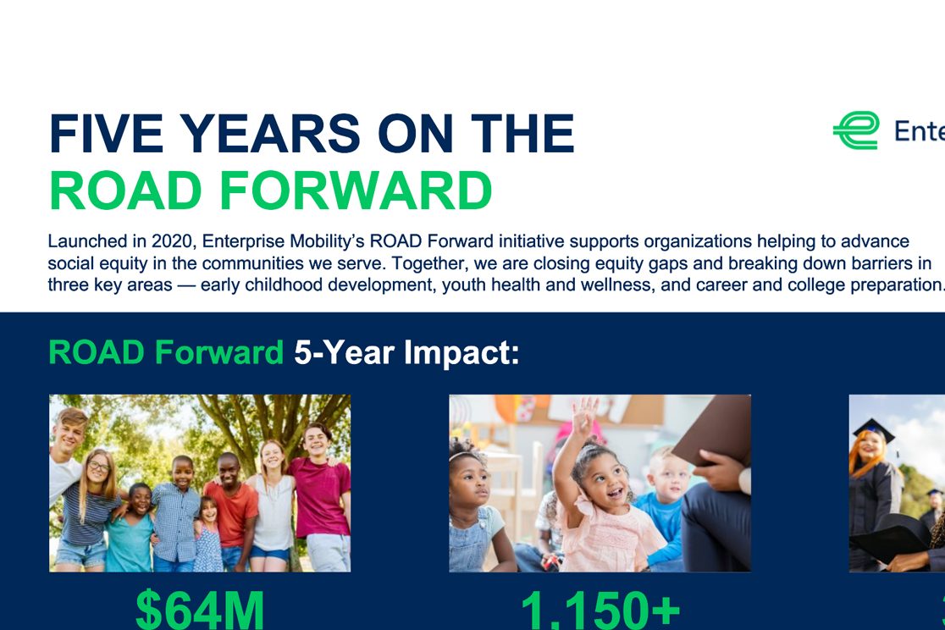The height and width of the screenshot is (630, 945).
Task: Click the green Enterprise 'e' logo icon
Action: (x=855, y=130)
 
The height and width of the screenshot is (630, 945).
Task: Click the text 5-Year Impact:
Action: (x=406, y=352)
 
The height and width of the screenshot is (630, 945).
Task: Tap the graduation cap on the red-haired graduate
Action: (x=873, y=428)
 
